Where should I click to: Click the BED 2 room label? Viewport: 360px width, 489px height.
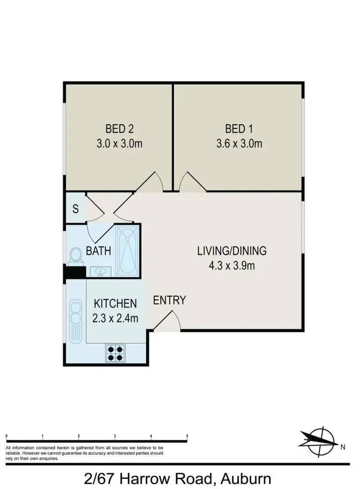click(x=119, y=129)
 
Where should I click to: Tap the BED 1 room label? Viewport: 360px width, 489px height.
click(x=239, y=129)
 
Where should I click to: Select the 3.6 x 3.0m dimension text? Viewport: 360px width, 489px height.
click(x=239, y=144)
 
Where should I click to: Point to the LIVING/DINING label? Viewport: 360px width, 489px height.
click(x=231, y=250)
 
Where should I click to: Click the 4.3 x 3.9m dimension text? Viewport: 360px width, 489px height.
click(x=231, y=265)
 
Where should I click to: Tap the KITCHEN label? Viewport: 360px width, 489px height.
click(x=115, y=304)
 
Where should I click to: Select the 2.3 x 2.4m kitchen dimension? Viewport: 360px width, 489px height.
click(x=115, y=318)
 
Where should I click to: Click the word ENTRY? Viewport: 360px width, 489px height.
click(x=169, y=300)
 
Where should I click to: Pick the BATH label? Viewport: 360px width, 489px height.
click(x=98, y=251)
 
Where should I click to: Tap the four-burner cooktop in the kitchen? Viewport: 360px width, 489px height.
click(x=115, y=354)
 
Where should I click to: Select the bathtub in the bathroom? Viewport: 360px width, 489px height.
click(x=128, y=251)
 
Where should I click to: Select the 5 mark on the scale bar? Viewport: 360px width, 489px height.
click(x=187, y=436)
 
